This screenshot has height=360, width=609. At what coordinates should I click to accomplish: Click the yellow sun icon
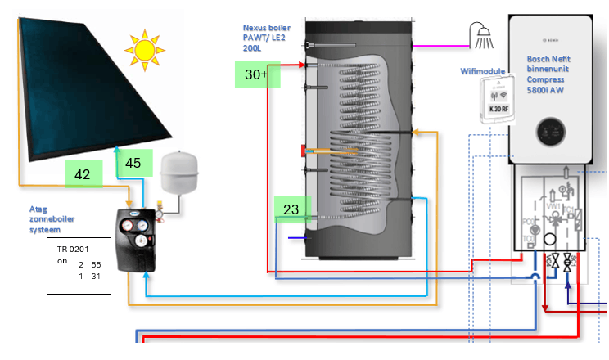[145, 49]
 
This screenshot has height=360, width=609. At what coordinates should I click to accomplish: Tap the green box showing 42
[83, 173]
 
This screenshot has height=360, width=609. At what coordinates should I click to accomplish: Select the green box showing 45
[133, 162]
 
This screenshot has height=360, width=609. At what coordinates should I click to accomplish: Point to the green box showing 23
[291, 209]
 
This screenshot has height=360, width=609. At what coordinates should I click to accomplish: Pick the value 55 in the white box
[95, 265]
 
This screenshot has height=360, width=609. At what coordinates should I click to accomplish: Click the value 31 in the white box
[95, 277]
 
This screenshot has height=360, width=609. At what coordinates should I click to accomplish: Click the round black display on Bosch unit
[548, 130]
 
